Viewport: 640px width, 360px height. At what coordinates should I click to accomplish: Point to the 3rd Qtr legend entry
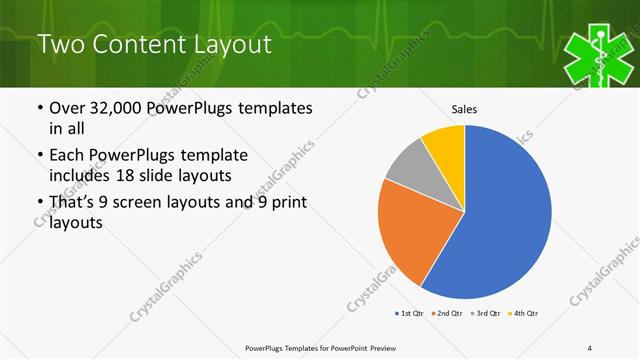pyautogui.click(x=484, y=314)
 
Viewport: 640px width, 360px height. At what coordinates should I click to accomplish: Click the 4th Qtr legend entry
pyautogui.click(x=523, y=314)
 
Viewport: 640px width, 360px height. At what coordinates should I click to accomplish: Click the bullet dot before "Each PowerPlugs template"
pyautogui.click(x=39, y=155)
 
